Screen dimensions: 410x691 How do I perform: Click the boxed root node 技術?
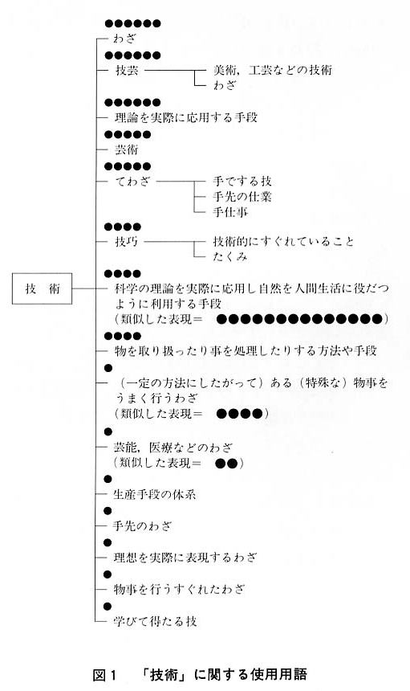click(x=42, y=288)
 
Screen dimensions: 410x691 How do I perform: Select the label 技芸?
click(x=127, y=70)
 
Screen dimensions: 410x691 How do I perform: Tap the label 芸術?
click(x=126, y=149)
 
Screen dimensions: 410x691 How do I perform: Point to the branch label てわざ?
click(x=132, y=181)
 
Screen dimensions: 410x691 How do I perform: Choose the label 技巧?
click(x=127, y=242)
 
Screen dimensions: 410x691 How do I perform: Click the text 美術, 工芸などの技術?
click(x=273, y=70)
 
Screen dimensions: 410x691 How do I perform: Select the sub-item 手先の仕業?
click(x=242, y=197)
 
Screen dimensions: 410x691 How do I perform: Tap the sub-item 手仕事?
click(x=230, y=212)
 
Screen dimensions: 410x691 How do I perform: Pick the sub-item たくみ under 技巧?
click(x=230, y=256)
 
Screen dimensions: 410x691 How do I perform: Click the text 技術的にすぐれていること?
click(x=284, y=242)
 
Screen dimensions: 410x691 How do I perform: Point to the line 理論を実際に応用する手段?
click(x=186, y=117)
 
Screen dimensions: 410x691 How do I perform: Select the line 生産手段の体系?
click(x=154, y=494)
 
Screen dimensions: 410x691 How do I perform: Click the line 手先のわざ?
click(x=142, y=525)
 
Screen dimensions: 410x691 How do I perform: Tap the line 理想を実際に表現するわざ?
click(x=185, y=558)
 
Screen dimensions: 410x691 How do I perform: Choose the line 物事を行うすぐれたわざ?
click(x=179, y=589)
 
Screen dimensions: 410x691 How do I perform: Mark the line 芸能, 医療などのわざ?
click(x=173, y=448)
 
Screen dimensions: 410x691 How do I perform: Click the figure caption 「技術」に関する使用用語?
click(x=225, y=675)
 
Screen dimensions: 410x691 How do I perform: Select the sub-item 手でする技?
click(x=242, y=181)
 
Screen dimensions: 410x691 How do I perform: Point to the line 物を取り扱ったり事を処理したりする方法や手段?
click(x=246, y=351)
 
